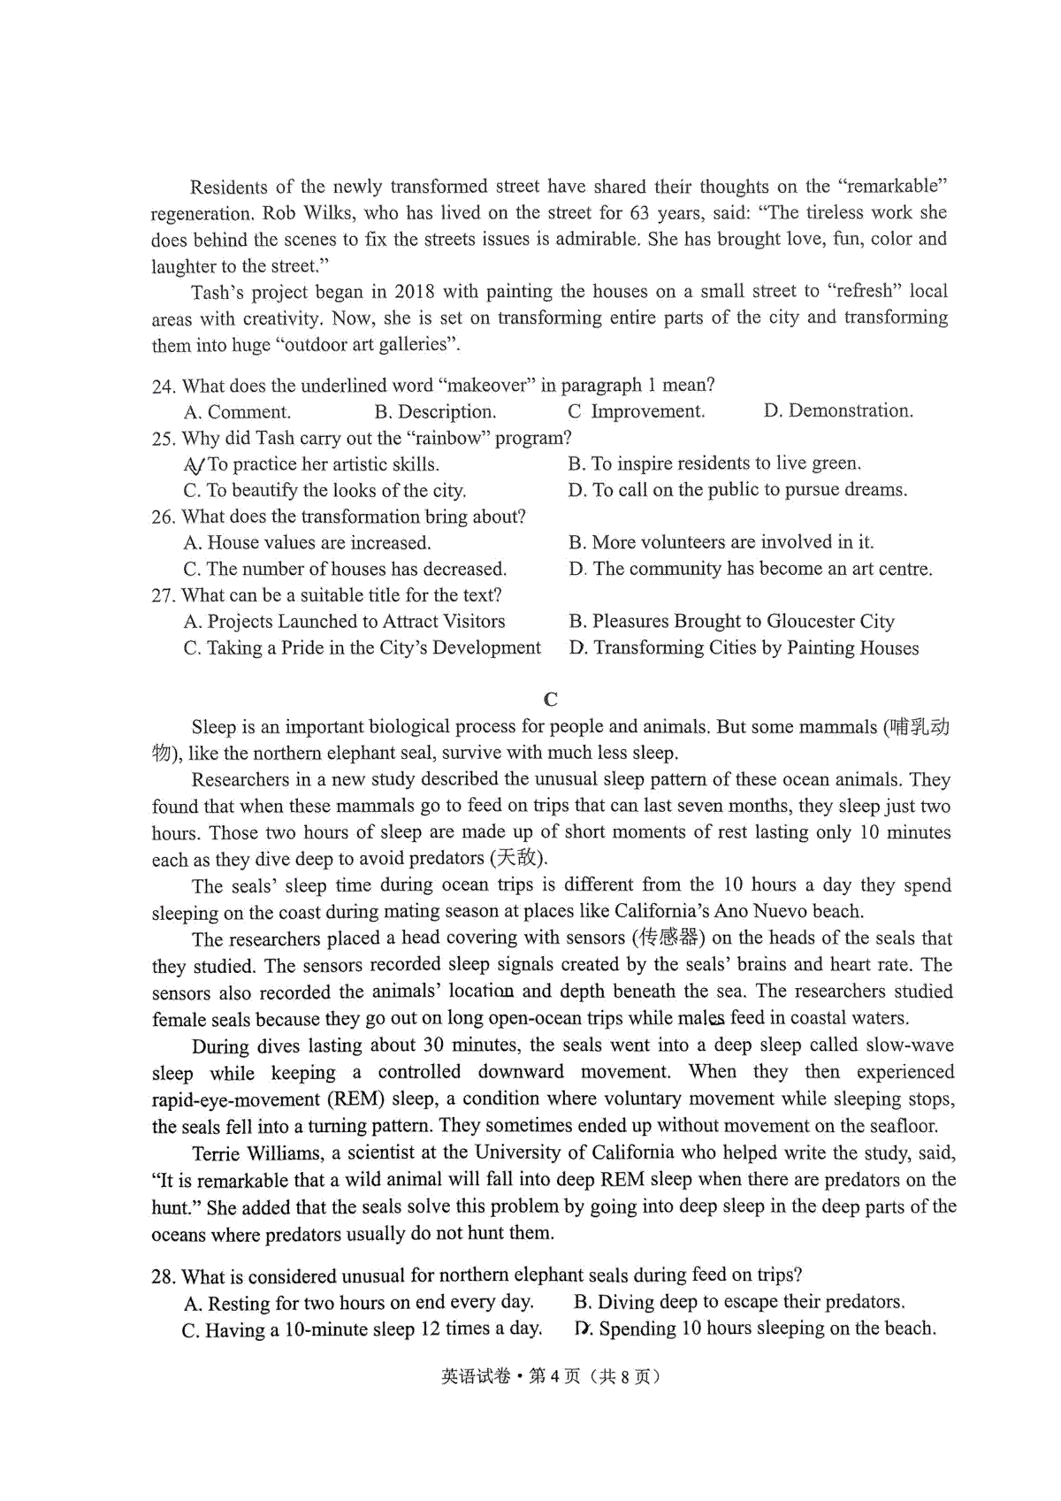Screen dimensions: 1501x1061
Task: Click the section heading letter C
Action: click(x=551, y=700)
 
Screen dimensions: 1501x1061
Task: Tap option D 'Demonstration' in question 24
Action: click(x=838, y=410)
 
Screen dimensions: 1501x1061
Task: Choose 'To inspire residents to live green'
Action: click(x=714, y=463)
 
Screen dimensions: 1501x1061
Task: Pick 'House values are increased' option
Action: click(x=308, y=542)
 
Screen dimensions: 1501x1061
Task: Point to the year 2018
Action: click(x=415, y=291)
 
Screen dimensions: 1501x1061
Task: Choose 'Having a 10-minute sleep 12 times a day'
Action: click(x=362, y=1329)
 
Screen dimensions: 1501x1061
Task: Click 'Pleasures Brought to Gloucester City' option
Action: click(x=732, y=621)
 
